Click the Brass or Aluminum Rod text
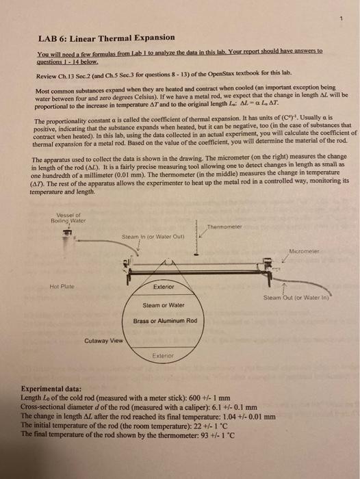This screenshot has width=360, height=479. [165, 321]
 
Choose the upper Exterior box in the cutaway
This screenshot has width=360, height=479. [164, 287]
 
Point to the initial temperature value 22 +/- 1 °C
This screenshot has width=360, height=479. [197, 424]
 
